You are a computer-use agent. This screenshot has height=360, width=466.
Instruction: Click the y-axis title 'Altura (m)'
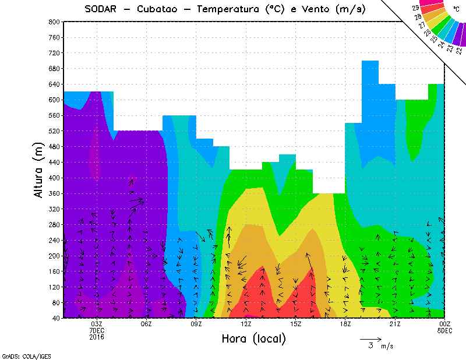(x=38, y=170)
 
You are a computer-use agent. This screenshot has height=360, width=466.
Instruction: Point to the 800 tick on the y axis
(x=54, y=22)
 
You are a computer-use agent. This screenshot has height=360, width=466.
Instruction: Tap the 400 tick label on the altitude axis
(x=54, y=178)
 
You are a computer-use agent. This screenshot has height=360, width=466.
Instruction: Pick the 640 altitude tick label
(x=54, y=84)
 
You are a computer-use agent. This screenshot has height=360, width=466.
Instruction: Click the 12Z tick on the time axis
(x=246, y=324)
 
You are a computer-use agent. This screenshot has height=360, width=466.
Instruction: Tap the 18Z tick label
(x=345, y=324)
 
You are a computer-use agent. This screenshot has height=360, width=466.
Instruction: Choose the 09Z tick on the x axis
(x=196, y=324)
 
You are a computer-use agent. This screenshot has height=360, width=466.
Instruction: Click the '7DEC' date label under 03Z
(x=97, y=330)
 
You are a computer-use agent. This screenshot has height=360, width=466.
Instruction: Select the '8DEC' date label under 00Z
(x=445, y=330)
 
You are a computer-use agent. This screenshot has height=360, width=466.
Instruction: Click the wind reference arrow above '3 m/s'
(x=370, y=338)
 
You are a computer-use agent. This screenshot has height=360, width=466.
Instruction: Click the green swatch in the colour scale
(x=441, y=27)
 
